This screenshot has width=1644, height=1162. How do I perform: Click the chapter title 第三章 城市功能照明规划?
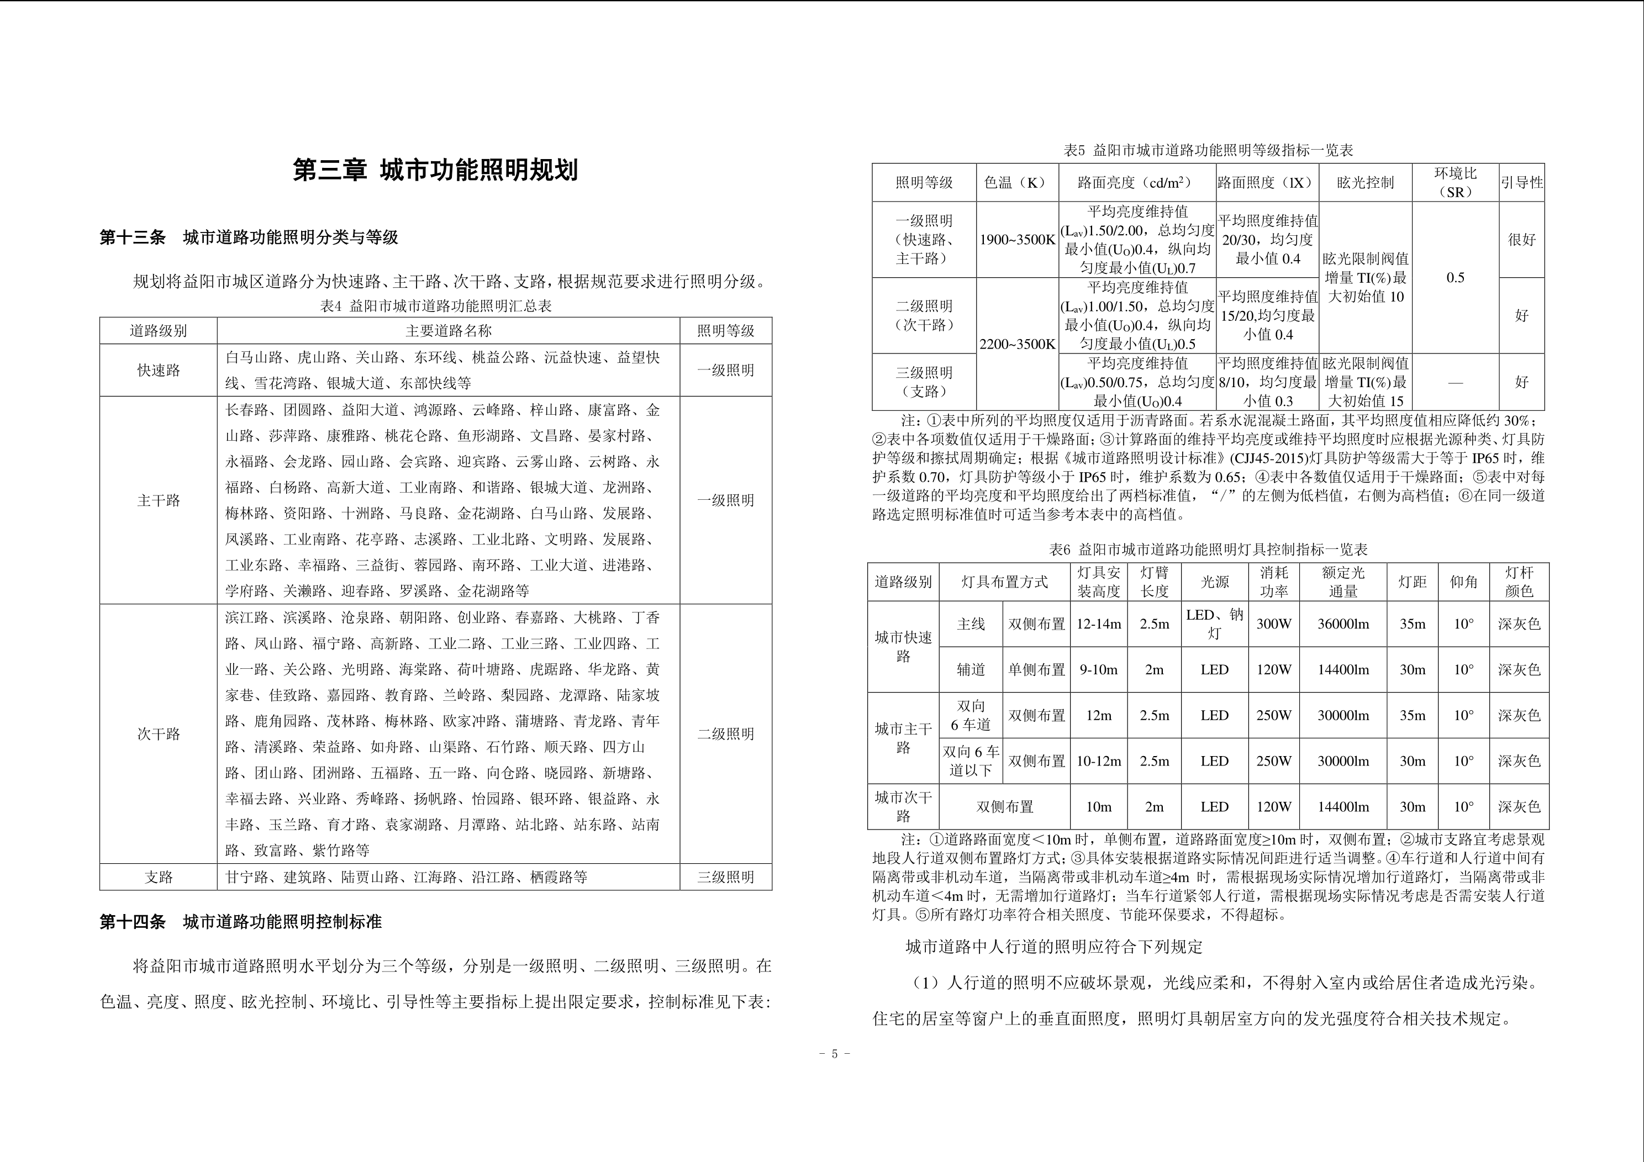435,171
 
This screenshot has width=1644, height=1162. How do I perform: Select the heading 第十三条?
133,237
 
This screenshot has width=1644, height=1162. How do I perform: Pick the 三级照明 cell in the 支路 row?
725,877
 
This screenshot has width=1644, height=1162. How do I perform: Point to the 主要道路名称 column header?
448,331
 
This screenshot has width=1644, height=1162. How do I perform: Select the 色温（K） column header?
1017,183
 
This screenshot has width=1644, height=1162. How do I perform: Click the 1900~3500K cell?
1017,240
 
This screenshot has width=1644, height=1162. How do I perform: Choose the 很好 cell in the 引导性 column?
1521,240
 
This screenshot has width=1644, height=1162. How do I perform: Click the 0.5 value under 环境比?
1455,278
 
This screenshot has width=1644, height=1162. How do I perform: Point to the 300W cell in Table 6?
1274,624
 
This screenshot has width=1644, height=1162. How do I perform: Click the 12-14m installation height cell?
1098,624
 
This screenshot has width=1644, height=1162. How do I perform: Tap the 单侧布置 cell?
1036,670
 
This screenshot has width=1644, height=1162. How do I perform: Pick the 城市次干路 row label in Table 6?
903,807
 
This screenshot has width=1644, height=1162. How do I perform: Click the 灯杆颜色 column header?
1519,582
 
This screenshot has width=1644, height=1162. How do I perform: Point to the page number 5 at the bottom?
834,1054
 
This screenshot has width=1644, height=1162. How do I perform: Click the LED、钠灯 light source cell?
1214,624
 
